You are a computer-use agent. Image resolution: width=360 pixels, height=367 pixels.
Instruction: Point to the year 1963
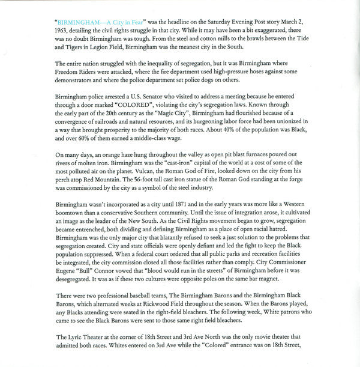click(x=62, y=29)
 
